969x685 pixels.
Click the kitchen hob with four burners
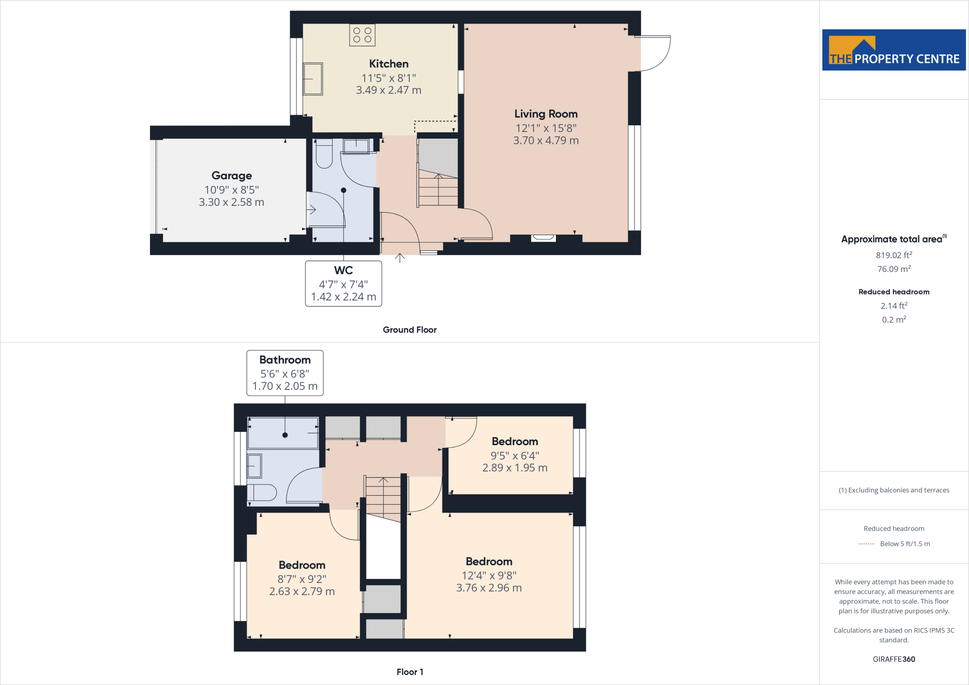click(x=362, y=35)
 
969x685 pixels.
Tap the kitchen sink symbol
click(x=313, y=79)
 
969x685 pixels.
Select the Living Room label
click(x=546, y=114)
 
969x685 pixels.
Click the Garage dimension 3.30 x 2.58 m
click(x=231, y=202)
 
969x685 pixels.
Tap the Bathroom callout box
click(x=285, y=373)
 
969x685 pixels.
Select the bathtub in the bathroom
click(x=283, y=432)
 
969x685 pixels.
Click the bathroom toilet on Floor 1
click(x=262, y=492)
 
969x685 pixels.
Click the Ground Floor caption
click(x=409, y=330)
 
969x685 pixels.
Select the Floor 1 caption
click(x=410, y=672)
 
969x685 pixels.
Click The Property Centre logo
click(x=894, y=50)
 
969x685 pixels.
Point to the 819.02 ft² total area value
click(x=894, y=255)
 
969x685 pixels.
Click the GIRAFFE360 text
click(x=894, y=659)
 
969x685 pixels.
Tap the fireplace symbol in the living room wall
click(x=543, y=238)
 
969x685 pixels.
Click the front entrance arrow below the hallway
click(x=400, y=258)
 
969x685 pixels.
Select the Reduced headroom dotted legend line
click(x=866, y=544)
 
